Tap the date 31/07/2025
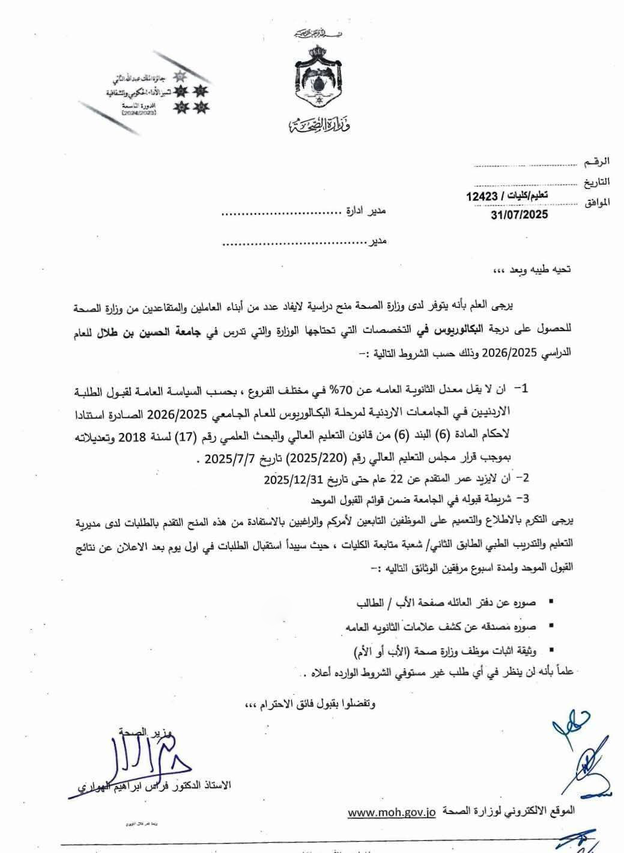pyautogui.click(x=519, y=214)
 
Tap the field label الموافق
pyautogui.click(x=596, y=202)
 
